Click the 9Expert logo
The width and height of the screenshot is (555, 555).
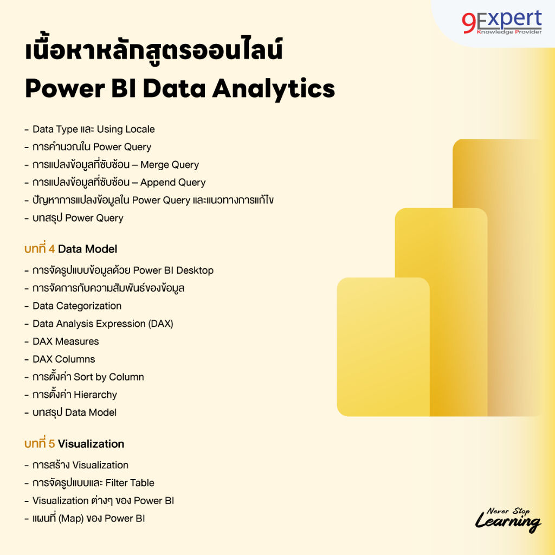[x=501, y=22]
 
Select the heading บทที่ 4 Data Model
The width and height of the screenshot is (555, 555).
[x=71, y=249]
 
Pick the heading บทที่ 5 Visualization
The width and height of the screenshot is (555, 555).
[x=74, y=443]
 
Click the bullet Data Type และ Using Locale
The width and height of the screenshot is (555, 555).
[x=93, y=129]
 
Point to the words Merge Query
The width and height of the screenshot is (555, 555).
[x=170, y=165]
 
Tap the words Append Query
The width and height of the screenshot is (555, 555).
[x=173, y=183]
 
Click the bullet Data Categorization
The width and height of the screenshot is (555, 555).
[x=76, y=306]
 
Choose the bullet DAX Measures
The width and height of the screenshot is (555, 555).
[x=66, y=341]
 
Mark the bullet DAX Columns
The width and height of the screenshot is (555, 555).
[x=63, y=359]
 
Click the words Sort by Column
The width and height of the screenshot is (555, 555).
[x=108, y=377]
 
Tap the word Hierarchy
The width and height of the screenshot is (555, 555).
[x=95, y=395]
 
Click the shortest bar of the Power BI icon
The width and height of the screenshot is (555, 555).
[x=383, y=347]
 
